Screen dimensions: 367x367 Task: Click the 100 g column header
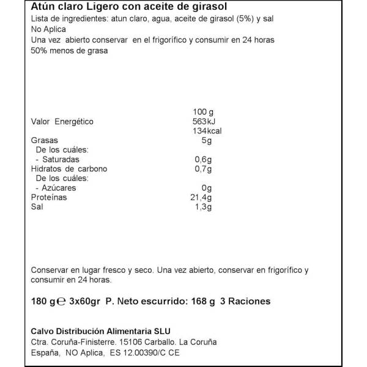point(202,112)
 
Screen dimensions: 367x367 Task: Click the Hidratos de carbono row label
point(69,169)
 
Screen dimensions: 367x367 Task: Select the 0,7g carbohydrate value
point(202,169)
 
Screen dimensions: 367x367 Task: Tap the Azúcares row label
point(56,188)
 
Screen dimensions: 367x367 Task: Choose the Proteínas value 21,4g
point(201,198)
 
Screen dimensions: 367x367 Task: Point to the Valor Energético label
point(62,122)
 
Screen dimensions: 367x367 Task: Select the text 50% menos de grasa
point(69,51)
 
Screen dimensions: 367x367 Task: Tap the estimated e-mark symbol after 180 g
point(61,302)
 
